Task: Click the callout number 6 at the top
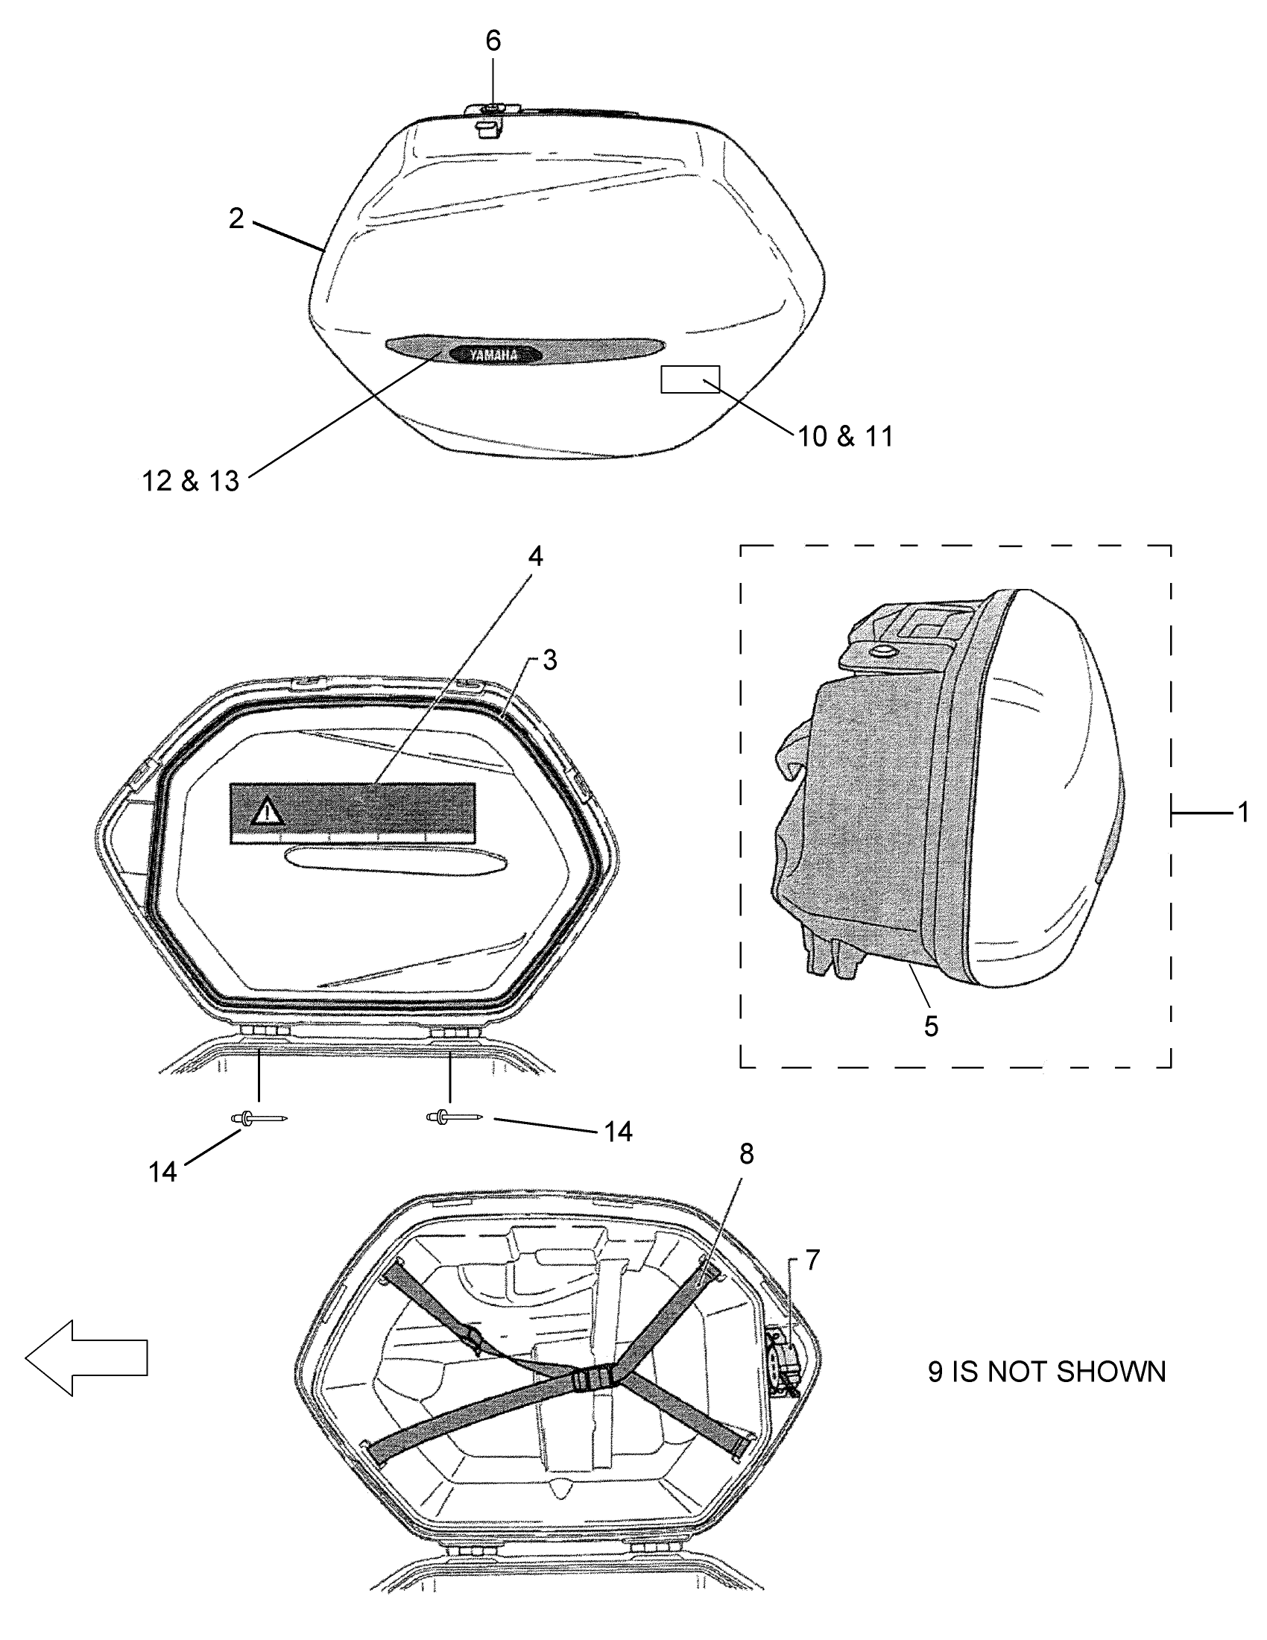pyautogui.click(x=493, y=40)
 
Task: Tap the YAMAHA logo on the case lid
pyautogui.click(x=494, y=355)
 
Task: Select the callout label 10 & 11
pyautogui.click(x=845, y=436)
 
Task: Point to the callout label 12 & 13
pyautogui.click(x=191, y=481)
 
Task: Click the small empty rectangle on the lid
pyautogui.click(x=690, y=379)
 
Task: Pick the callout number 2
pyautogui.click(x=236, y=218)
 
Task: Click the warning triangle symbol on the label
pyautogui.click(x=265, y=812)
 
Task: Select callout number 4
pyautogui.click(x=535, y=556)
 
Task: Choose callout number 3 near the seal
pyautogui.click(x=550, y=660)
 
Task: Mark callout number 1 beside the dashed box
pyautogui.click(x=1243, y=812)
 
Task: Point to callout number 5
pyautogui.click(x=931, y=1026)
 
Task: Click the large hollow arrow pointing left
pyautogui.click(x=86, y=1358)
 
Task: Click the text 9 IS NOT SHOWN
pyautogui.click(x=1046, y=1372)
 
